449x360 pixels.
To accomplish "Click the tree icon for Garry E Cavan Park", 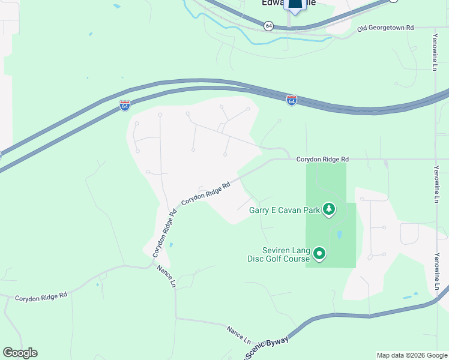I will (328, 209).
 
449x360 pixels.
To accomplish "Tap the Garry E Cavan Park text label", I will (285, 210).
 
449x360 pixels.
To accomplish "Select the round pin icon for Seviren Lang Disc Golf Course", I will (319, 254).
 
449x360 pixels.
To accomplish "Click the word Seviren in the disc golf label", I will (277, 250).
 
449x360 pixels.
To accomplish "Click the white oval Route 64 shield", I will (268, 25).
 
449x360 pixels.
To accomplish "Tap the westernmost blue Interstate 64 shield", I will (124, 106).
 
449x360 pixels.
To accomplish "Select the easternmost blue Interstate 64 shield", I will (291, 100).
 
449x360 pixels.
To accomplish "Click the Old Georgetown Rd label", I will (385, 28).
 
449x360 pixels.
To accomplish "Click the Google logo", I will (20, 353).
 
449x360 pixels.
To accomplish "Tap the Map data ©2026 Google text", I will (411, 355).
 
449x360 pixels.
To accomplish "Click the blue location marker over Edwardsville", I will (294, 6).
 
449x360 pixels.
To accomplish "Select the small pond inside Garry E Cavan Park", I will (340, 235).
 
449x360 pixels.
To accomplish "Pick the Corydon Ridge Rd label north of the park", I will (323, 160).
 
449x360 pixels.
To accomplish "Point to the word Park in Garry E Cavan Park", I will (312, 210).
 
